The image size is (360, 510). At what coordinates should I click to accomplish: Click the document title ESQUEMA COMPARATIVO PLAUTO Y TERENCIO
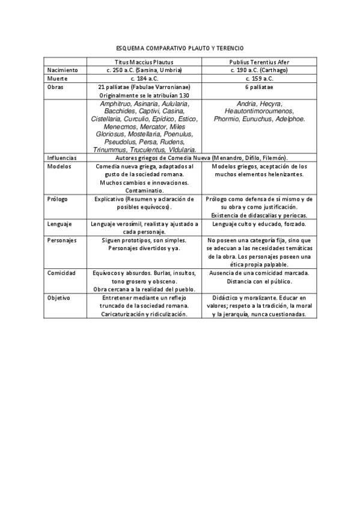[x=180, y=48]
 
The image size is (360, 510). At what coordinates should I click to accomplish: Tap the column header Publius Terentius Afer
[x=260, y=62]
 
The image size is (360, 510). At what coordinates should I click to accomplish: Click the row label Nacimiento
[x=63, y=70]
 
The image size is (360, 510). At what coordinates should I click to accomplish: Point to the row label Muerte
[x=58, y=78]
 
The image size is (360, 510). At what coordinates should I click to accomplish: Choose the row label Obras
[x=56, y=87]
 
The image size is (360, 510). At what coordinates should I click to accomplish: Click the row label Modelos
[x=59, y=166]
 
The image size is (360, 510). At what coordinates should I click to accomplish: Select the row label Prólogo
[x=58, y=198]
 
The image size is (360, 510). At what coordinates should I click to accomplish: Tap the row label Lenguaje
[x=60, y=224]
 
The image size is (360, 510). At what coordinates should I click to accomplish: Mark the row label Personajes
[x=62, y=240]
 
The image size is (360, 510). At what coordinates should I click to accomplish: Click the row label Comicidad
[x=62, y=272]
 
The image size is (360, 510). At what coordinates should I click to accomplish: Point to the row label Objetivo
[x=59, y=298]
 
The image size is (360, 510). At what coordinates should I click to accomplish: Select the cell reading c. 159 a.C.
[x=260, y=78]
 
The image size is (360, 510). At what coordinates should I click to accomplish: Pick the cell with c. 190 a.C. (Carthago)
[x=260, y=70]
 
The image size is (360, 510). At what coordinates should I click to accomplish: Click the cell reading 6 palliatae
[x=260, y=87]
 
